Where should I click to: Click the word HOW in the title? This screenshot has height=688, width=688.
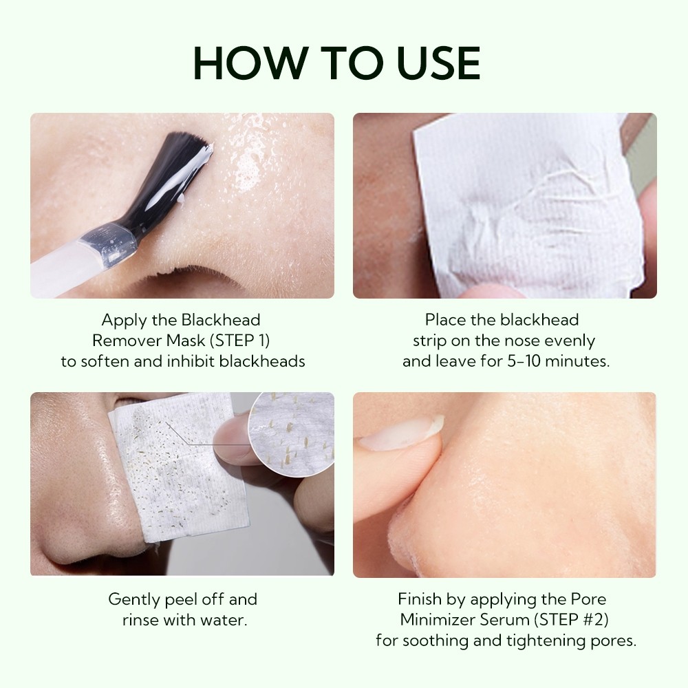click(x=250, y=63)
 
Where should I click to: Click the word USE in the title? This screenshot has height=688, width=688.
click(x=438, y=63)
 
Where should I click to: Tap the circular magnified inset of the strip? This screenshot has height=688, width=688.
click(x=292, y=432)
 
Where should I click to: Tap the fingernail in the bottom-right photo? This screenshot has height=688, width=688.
click(x=402, y=433)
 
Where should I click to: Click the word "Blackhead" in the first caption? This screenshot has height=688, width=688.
click(x=221, y=320)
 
